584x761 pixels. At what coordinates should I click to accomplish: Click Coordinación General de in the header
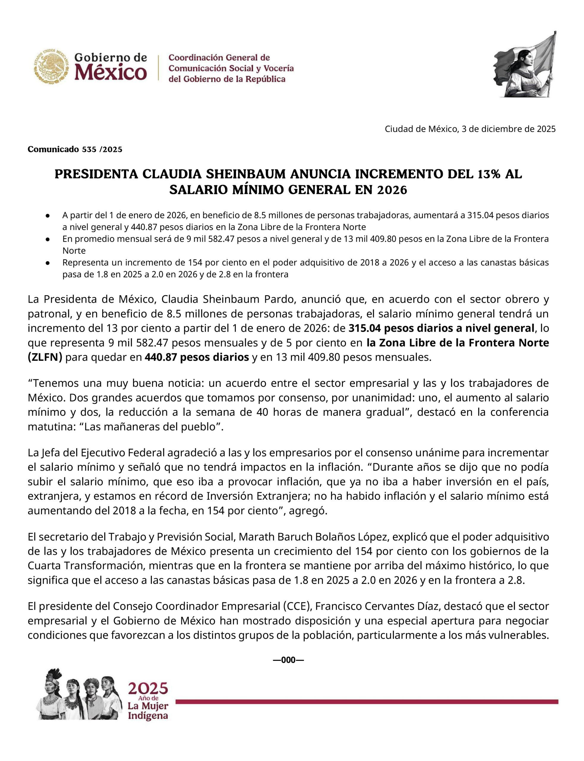pos(219,57)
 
